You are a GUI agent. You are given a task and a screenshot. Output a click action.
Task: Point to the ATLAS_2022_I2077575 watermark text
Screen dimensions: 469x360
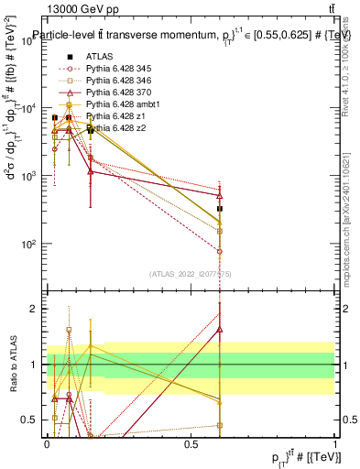point(190,274)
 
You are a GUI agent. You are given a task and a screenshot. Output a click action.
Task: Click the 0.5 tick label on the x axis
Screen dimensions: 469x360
point(191,444)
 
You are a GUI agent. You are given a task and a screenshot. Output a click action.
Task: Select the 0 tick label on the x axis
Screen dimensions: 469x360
point(47,444)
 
